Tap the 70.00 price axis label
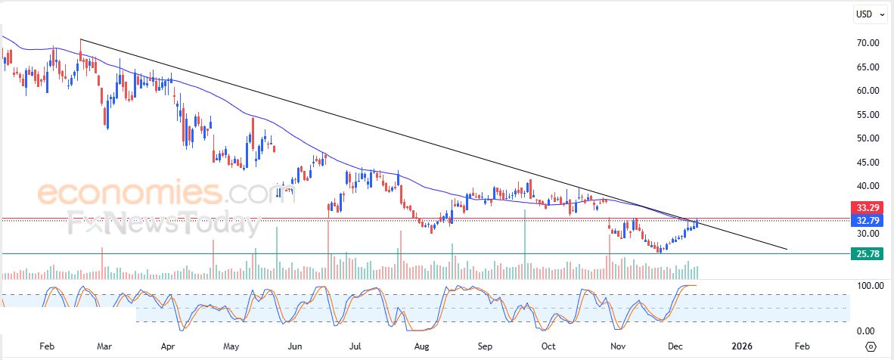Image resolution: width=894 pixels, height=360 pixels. pos(868,43)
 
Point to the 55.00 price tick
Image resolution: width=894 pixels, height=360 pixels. pos(868,114)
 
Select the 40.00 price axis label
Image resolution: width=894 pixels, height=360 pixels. pos(868,186)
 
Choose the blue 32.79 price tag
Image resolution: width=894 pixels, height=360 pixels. pos(867,220)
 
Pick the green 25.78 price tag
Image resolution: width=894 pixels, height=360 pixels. pos(867,255)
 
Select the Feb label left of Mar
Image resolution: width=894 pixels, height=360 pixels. pos(46,346)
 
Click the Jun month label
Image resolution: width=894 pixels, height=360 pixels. pos(296,346)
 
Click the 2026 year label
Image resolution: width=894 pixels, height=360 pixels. pos(740,346)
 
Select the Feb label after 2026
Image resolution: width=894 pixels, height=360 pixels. pos(802,346)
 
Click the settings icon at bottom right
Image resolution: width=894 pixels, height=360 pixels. pos(871,346)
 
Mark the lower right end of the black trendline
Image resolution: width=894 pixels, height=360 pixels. pos(787,249)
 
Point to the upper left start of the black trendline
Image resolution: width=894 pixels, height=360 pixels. pos(80,39)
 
